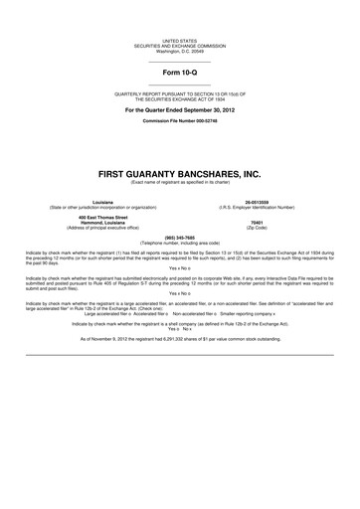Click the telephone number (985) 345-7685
180,237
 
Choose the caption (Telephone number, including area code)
180,243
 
